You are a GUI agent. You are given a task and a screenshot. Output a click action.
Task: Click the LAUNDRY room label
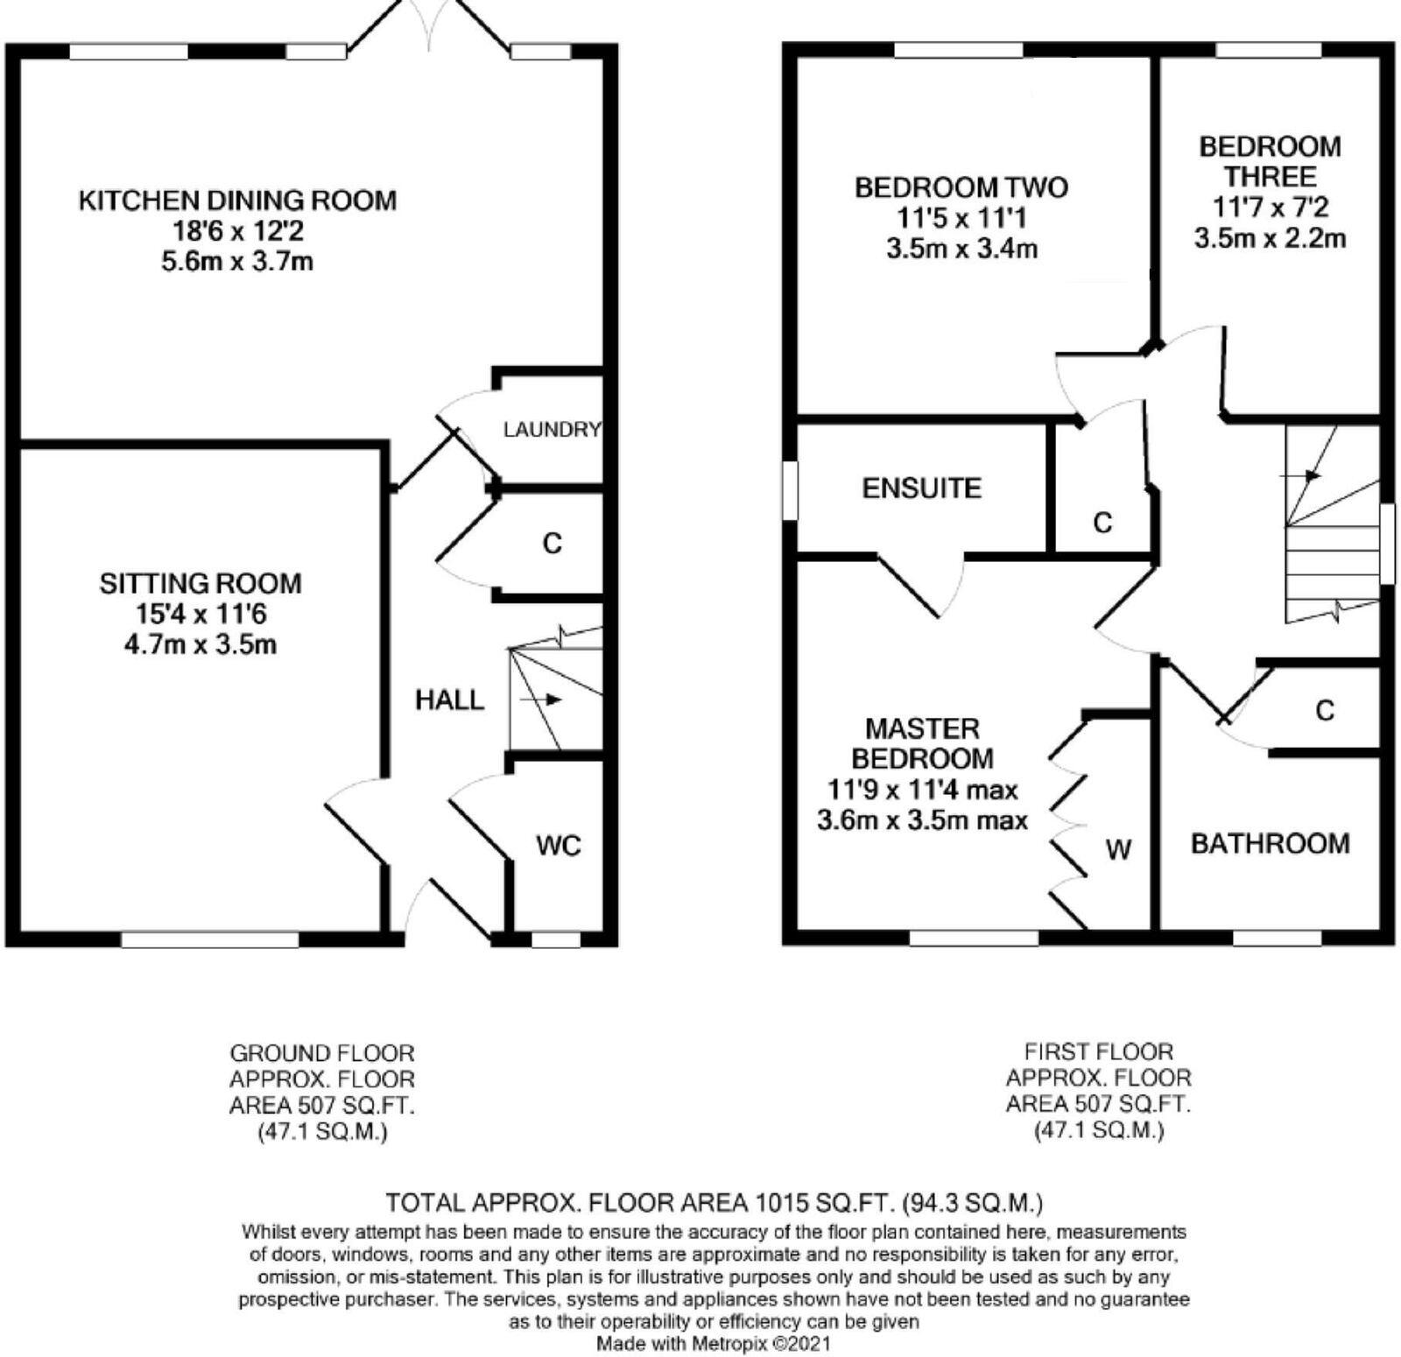(552, 430)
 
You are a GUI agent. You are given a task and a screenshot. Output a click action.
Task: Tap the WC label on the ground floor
(559, 847)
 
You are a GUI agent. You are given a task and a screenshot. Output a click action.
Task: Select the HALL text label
(449, 700)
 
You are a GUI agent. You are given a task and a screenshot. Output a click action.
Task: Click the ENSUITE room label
(921, 489)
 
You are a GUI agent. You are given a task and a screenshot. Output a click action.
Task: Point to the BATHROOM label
(1270, 844)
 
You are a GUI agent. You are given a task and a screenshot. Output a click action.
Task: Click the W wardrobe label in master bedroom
(1119, 849)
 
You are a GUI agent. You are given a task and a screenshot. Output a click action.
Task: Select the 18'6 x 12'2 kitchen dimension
(237, 232)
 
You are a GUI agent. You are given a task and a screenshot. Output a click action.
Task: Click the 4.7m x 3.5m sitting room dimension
(201, 645)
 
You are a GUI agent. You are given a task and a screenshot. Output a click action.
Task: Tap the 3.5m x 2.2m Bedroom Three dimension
(1270, 238)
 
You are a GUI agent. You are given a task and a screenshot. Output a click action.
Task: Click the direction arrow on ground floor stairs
(542, 700)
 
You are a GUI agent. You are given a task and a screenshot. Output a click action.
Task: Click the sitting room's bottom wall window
(209, 940)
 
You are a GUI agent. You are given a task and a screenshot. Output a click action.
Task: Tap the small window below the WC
(556, 940)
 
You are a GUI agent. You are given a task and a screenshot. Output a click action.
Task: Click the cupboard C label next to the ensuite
(1102, 524)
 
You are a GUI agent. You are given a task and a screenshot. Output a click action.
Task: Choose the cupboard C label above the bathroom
(1325, 711)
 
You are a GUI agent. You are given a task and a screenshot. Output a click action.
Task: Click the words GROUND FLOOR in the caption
(321, 1053)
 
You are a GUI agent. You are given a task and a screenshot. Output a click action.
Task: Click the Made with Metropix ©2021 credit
(713, 1343)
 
